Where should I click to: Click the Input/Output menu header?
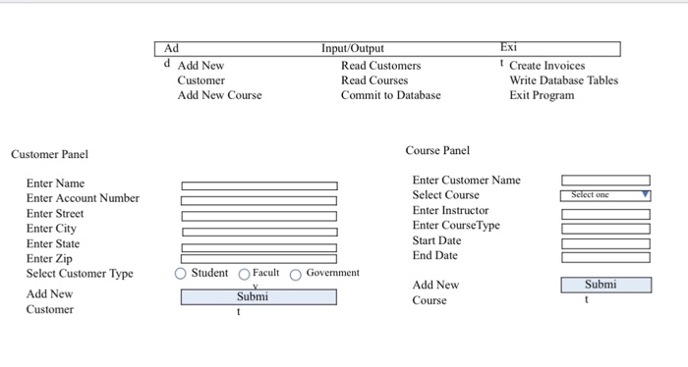point(353,49)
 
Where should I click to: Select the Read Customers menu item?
point(380,66)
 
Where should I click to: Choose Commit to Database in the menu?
point(390,95)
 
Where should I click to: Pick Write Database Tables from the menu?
point(563,80)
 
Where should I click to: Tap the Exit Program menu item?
point(542,95)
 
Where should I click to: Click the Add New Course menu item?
point(219,95)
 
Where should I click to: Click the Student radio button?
point(180,274)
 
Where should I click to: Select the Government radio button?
point(295,274)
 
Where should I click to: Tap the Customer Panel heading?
point(49,154)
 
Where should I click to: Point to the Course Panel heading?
point(437,150)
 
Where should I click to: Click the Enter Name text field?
point(258,185)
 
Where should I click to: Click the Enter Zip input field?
point(258,259)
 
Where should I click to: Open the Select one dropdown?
point(605,195)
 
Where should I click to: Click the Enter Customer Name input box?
point(605,181)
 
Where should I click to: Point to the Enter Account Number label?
point(83,198)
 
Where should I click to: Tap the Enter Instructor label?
point(450,210)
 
